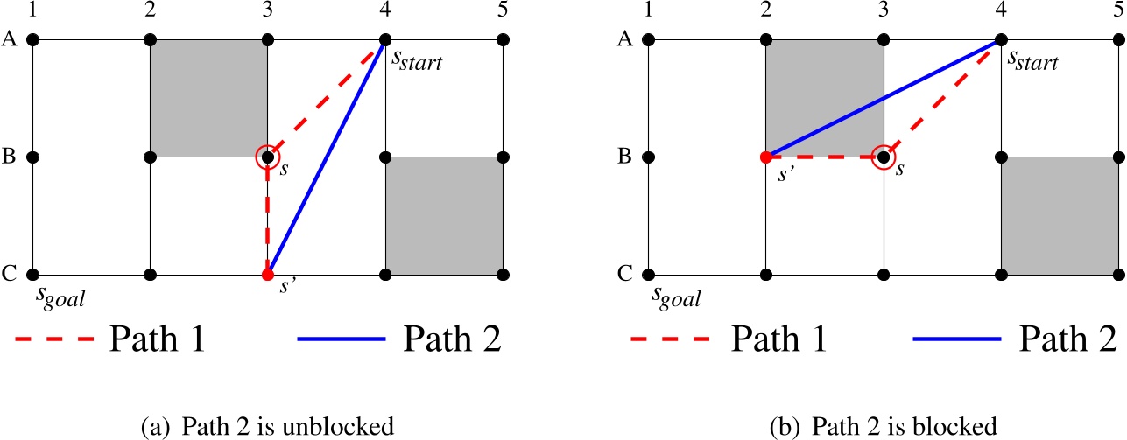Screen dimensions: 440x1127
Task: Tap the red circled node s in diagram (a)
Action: coord(268,157)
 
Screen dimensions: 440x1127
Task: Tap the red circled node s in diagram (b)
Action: coord(884,157)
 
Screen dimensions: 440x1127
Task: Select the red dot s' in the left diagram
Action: coord(268,275)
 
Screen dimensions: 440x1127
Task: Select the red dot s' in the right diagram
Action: coord(766,157)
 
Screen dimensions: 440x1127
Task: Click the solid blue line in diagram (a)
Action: coord(327,157)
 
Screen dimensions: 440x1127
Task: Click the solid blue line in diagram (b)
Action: coord(883,99)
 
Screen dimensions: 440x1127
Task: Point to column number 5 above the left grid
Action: coord(503,10)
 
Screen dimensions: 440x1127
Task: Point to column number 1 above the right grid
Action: coord(648,10)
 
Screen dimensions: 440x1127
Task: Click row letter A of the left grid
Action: coord(10,40)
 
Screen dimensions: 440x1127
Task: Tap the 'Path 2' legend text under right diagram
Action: coord(1059,339)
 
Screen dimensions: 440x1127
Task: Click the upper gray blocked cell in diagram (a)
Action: coord(209,99)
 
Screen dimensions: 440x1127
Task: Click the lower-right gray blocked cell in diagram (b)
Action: coord(1060,216)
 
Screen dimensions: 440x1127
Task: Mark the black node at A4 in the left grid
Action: coord(385,40)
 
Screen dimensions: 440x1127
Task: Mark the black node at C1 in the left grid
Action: coord(33,275)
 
